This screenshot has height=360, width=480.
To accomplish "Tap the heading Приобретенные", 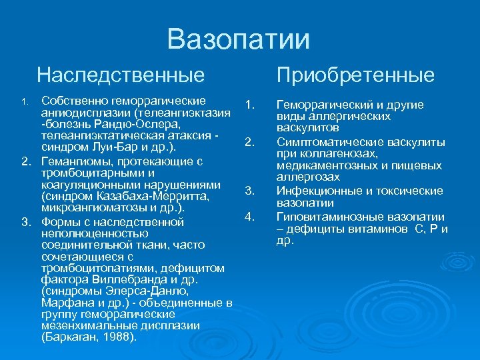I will (x=355, y=75).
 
